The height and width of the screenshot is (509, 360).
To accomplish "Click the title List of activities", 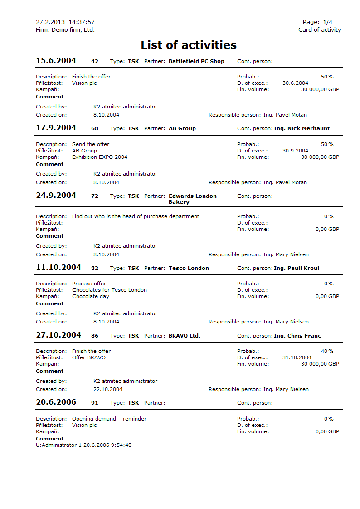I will (189, 45).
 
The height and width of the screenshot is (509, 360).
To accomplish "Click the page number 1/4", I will (327, 22).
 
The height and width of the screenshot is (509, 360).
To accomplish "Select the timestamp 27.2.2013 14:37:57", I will (65, 22).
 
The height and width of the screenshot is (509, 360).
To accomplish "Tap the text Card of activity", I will (319, 30).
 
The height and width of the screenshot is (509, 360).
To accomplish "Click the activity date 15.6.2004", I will (56, 61).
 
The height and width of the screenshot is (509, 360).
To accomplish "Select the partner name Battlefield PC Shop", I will (196, 61).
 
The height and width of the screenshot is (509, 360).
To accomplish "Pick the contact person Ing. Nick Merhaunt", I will (302, 128).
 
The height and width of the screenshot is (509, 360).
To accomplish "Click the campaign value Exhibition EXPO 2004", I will (100, 157).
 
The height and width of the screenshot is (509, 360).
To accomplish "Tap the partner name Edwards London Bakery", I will (192, 199).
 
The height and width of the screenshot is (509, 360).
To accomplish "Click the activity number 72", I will (95, 196).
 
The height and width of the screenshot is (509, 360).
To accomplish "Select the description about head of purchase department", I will (136, 216).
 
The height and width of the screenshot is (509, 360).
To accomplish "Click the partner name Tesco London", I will (189, 268).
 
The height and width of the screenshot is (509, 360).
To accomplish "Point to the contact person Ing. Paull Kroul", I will (296, 268).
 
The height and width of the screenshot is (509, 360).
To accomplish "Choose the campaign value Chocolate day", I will (91, 296).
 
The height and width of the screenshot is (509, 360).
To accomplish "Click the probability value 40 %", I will (327, 351).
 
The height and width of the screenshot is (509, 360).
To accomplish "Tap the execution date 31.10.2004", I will (297, 357).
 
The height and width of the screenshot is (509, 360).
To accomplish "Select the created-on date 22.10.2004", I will (108, 389).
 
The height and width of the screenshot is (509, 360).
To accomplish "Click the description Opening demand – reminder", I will (109, 419).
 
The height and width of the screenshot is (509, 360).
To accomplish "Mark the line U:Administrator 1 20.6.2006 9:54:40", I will (84, 445).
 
